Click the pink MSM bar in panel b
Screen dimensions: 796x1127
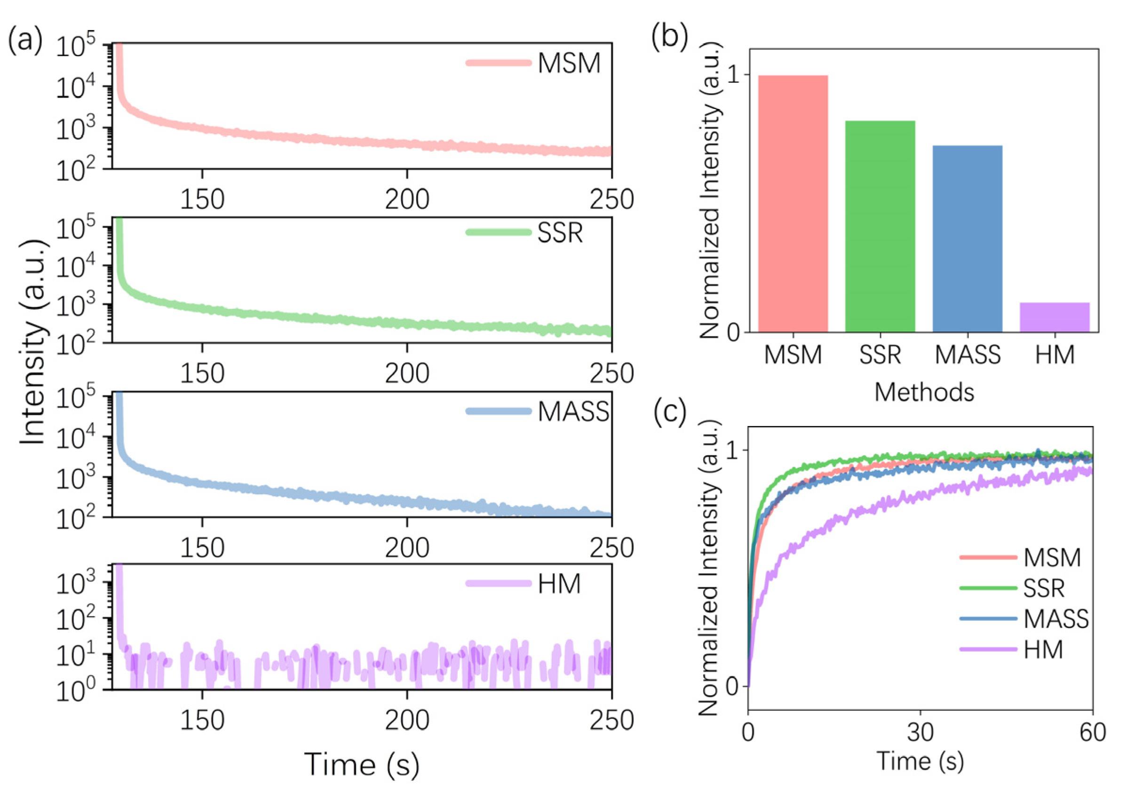[793, 204]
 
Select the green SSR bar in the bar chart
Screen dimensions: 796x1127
[880, 226]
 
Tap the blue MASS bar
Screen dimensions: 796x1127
[968, 239]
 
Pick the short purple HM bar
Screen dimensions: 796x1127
[1055, 317]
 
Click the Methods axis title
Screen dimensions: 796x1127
[924, 393]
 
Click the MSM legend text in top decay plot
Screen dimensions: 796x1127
[569, 64]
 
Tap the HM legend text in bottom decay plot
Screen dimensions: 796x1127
[559, 584]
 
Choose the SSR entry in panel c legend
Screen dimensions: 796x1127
[1044, 588]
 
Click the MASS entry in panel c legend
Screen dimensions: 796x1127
[1056, 619]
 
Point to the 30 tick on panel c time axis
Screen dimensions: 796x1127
[920, 732]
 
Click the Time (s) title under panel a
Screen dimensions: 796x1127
[362, 764]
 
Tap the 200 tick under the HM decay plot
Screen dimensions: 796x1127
[407, 720]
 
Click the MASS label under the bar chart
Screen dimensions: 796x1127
[968, 355]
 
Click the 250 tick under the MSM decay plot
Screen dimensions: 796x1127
[611, 200]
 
